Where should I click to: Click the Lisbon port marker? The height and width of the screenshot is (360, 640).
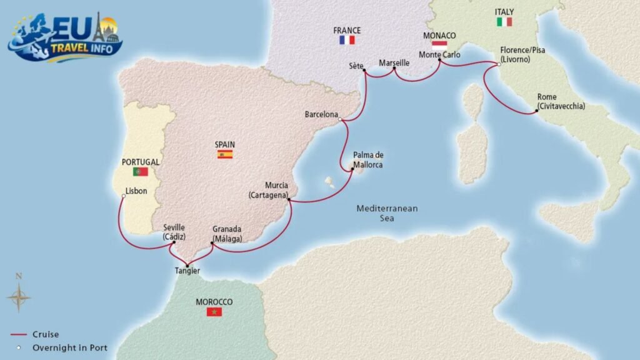124,196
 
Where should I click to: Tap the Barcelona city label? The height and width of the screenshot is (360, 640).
321,115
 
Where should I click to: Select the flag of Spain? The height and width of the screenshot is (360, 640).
225,154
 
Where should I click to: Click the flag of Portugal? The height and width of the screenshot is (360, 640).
140,171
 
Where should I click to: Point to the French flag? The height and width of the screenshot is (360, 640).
347,40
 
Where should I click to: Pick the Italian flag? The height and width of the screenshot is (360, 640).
504,22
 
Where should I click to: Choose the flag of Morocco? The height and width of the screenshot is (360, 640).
214,311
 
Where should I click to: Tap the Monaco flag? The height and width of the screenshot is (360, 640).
439,44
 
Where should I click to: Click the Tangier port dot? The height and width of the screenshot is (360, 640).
187,266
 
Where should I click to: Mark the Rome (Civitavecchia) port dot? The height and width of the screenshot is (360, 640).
536,112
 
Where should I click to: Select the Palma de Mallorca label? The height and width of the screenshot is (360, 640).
367,160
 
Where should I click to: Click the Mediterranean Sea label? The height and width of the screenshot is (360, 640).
387,213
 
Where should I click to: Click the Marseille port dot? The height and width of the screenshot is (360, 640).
394,69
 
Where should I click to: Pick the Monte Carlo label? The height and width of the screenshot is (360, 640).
439,55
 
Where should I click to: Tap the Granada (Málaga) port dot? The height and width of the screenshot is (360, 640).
212,244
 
